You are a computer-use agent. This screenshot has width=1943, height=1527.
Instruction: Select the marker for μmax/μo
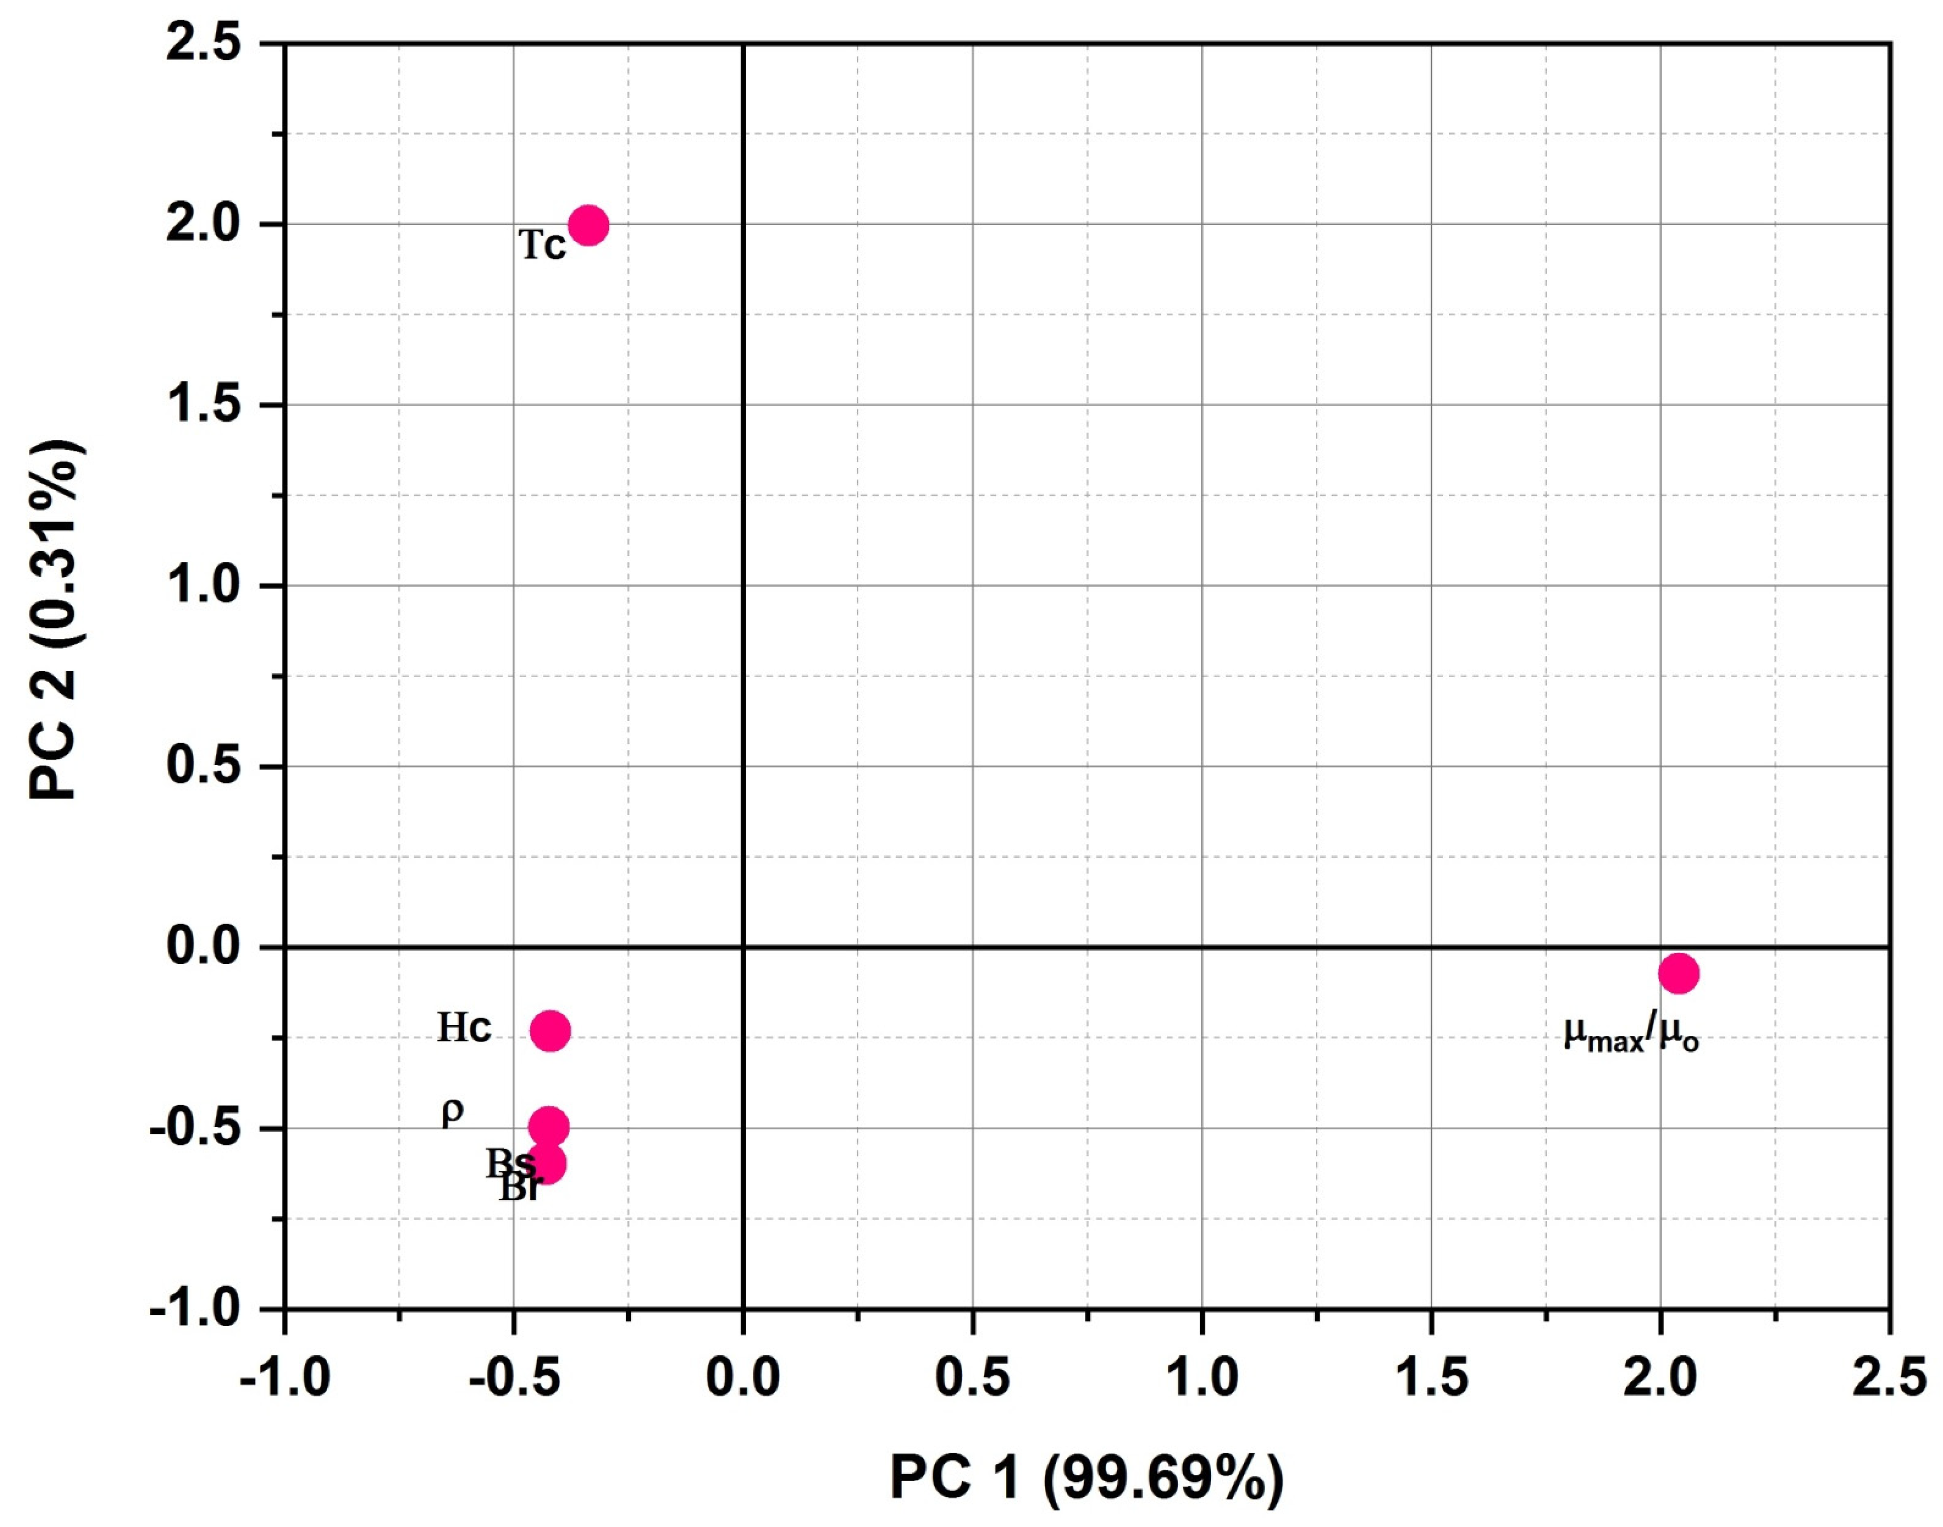tap(1678, 973)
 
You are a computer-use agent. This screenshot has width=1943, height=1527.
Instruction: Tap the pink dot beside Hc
tap(549, 1031)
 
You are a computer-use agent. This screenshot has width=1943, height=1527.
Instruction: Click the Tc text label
tap(542, 244)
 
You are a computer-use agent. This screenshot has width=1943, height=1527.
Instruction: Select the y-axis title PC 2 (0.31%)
tap(56, 621)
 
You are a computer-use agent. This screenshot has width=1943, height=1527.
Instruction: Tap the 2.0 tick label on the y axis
tap(204, 224)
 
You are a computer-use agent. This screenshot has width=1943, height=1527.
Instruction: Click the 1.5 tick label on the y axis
tap(204, 405)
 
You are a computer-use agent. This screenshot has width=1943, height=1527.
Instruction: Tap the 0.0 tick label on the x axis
tap(743, 1377)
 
